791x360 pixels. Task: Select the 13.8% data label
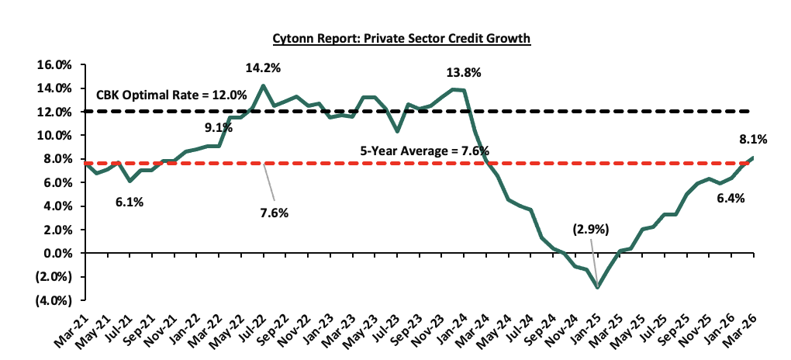tap(464, 73)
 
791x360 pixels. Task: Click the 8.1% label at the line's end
tap(752, 140)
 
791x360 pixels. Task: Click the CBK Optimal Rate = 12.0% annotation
tap(171, 95)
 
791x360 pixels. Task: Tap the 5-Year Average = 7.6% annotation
tap(423, 151)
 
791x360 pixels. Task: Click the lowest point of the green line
tap(597, 288)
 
